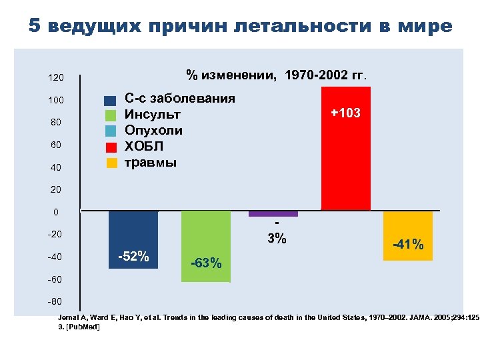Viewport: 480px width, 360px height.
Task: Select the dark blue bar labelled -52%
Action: (x=133, y=230)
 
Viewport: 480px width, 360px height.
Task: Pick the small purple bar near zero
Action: (x=273, y=214)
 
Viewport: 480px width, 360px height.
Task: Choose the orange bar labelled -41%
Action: (x=408, y=227)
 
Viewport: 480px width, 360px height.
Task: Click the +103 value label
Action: (x=345, y=113)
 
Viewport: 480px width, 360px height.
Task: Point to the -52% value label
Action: (x=133, y=257)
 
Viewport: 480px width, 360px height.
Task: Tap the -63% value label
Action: (x=206, y=263)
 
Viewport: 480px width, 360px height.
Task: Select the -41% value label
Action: (x=408, y=245)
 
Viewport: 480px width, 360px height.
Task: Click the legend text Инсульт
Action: (x=153, y=115)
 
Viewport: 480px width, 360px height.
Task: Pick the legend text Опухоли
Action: (x=154, y=130)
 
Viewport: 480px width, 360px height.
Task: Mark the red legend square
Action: (x=111, y=147)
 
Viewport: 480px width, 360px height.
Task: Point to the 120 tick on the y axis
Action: (x=55, y=78)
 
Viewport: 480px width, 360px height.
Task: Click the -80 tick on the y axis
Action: (x=55, y=302)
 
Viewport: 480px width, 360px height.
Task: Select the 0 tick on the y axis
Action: (x=57, y=213)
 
